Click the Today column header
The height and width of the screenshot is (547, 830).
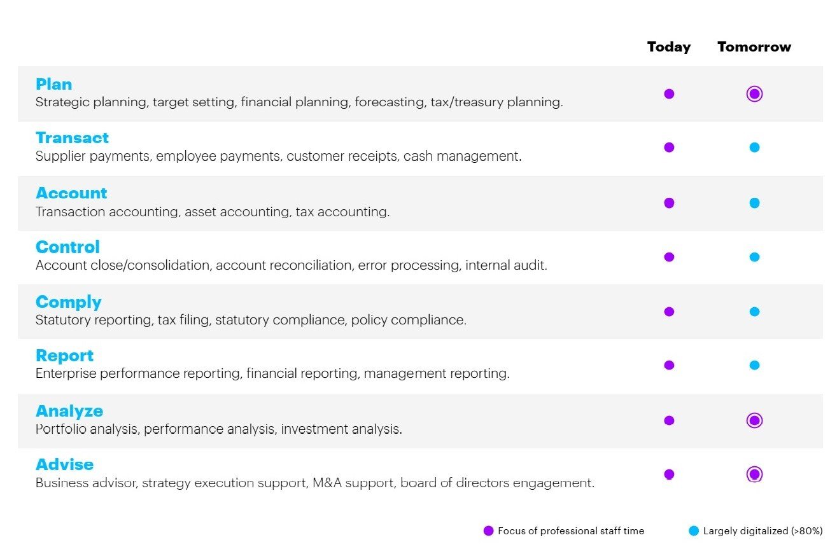[669, 47]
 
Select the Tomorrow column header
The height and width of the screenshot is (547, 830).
[754, 46]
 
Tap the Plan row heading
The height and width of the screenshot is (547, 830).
[53, 84]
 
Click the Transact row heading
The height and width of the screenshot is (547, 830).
[72, 138]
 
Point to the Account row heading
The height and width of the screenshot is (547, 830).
[71, 193]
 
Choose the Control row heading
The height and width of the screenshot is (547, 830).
[67, 247]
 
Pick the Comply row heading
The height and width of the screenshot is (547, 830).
[68, 302]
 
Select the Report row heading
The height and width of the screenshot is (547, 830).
[64, 356]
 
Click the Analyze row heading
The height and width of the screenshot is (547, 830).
[69, 411]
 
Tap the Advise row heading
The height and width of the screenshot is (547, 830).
[64, 464]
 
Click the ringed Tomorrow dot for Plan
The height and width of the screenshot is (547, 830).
[754, 93]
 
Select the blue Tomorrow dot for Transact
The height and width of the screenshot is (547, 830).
[754, 148]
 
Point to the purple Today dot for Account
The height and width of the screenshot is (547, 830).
[669, 203]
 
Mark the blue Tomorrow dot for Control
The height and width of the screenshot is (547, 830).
[754, 257]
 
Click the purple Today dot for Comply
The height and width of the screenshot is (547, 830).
[669, 312]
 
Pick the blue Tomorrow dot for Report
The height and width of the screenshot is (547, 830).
[754, 365]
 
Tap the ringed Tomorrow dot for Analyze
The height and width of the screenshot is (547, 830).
[754, 420]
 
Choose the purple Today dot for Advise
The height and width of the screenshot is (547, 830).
[669, 474]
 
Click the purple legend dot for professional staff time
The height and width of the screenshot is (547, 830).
[489, 530]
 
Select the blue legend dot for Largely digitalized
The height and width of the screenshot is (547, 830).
[694, 530]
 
